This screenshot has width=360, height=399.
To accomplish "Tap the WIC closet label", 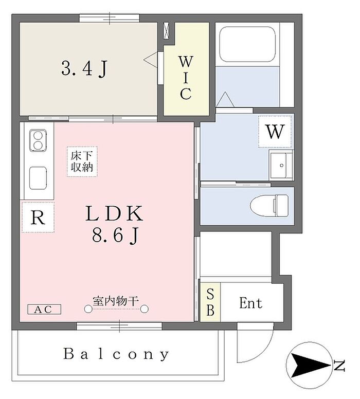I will point(186,79).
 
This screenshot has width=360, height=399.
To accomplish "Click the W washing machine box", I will point(275,132).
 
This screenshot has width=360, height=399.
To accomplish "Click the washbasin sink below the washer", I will point(281,166).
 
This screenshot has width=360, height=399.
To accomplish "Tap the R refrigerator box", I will point(38,217).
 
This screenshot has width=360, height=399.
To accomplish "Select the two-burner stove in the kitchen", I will point(38,140).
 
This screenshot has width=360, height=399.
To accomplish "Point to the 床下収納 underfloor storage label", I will point(82,161).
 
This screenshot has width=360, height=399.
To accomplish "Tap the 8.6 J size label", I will point(115,235).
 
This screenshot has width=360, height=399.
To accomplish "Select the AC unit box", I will point(44,310).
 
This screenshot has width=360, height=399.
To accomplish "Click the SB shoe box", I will point(210,302).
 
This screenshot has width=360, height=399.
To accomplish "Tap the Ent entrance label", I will point(250,303).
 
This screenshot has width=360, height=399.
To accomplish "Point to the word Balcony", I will point(116,354).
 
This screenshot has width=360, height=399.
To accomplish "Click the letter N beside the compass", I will point(338,366).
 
